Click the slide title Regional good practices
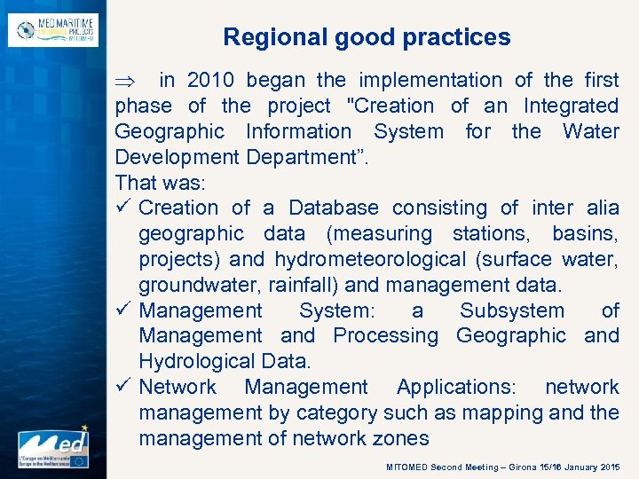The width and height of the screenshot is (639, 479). pyautogui.click(x=367, y=37)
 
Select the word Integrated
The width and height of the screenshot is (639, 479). pyautogui.click(x=571, y=106)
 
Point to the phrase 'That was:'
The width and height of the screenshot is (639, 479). pyautogui.click(x=160, y=183)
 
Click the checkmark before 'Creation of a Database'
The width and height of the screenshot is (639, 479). pyautogui.click(x=123, y=208)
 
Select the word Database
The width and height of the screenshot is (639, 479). pyautogui.click(x=333, y=208)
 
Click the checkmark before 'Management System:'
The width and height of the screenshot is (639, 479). pyautogui.click(x=123, y=310)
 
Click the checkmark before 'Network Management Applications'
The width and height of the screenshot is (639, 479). pyautogui.click(x=123, y=387)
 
